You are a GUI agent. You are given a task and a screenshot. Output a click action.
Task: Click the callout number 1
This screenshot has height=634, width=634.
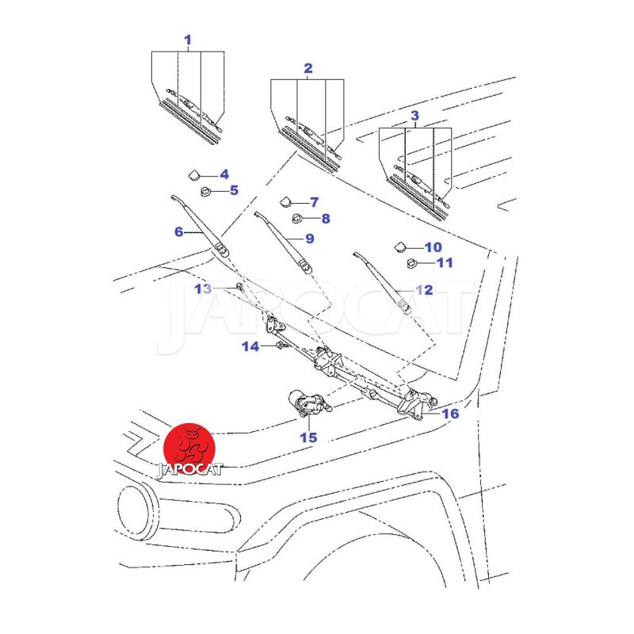(x=188, y=39)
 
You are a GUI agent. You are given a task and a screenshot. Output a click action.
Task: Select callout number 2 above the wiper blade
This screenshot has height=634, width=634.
(x=308, y=68)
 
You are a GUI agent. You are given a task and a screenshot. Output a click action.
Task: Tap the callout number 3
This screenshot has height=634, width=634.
(x=414, y=116)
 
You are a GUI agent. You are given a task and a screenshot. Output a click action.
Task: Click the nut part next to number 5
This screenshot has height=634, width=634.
(x=206, y=190)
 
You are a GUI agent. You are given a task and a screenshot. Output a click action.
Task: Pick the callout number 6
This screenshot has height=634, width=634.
(x=178, y=232)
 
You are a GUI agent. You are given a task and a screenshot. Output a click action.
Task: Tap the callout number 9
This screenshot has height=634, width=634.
(x=309, y=238)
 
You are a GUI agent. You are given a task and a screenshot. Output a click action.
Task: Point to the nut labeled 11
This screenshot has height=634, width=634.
(x=412, y=263)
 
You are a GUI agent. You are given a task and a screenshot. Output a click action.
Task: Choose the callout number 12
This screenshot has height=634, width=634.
(x=424, y=290)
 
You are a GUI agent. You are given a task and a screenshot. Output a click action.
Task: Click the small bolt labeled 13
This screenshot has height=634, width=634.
(x=239, y=287)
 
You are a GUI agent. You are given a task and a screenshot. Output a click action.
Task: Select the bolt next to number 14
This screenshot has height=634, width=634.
(x=280, y=346)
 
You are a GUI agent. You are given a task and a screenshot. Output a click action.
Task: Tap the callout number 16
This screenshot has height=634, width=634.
(x=450, y=414)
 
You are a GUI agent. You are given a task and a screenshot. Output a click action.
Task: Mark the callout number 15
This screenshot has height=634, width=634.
(x=307, y=437)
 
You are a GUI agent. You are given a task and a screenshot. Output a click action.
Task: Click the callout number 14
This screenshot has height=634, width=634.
(x=250, y=346)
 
